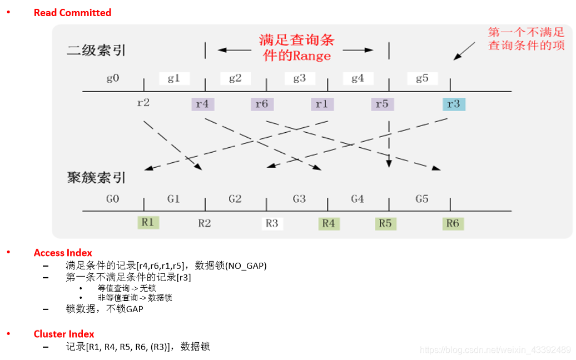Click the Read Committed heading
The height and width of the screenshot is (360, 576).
click(x=72, y=13)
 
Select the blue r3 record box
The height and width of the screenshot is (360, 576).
click(x=454, y=104)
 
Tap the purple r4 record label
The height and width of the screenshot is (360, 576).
click(x=202, y=104)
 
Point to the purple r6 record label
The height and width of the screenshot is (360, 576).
click(x=262, y=104)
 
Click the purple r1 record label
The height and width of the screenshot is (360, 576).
click(x=322, y=104)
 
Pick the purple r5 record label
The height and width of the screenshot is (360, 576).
click(x=382, y=104)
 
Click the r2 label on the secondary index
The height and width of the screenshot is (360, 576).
click(x=143, y=102)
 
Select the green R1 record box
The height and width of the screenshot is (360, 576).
click(x=148, y=222)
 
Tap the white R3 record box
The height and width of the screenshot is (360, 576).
click(x=272, y=223)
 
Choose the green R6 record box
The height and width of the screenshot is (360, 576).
click(x=453, y=223)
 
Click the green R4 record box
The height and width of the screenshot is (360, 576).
click(x=329, y=223)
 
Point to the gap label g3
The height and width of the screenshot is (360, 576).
click(x=300, y=78)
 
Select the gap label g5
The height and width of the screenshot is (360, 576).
click(x=423, y=78)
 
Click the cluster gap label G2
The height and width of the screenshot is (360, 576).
click(x=235, y=199)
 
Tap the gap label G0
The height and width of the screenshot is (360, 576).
click(x=113, y=199)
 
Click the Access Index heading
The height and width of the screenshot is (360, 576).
click(x=63, y=253)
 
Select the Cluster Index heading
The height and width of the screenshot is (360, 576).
click(x=64, y=334)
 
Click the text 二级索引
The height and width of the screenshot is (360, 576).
click(x=96, y=51)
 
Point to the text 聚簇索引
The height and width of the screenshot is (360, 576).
click(x=96, y=178)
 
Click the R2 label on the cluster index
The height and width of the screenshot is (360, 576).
click(x=205, y=223)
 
